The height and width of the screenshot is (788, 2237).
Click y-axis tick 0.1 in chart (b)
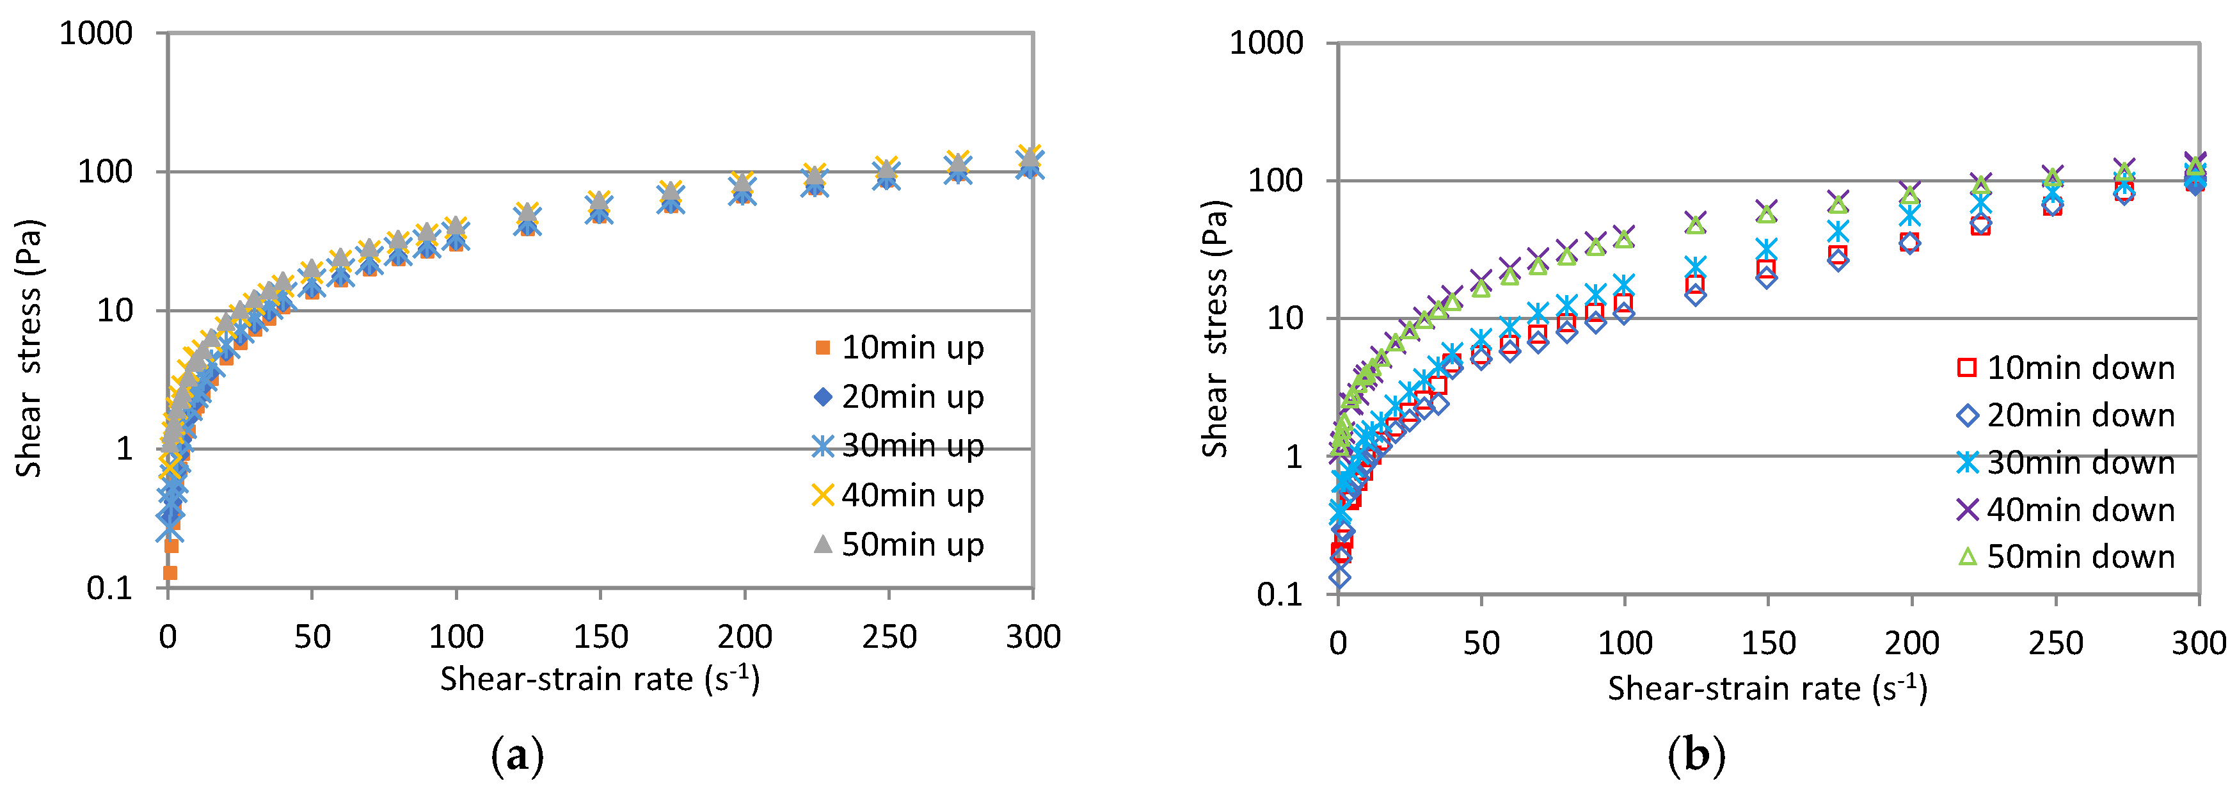(1279, 594)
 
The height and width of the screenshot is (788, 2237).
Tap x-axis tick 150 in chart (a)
(600, 638)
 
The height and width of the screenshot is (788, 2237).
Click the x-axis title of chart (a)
(599, 679)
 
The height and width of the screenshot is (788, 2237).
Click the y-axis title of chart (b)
(1215, 328)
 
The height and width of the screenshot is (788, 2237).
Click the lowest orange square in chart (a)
(170, 572)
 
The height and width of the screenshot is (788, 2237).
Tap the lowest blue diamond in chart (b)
(1340, 577)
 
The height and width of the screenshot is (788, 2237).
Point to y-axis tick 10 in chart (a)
(115, 311)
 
